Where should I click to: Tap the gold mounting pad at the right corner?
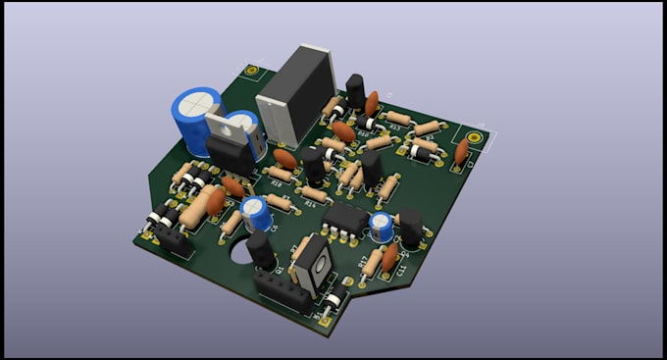tap(475, 137)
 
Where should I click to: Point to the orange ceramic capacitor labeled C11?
tap(390, 258)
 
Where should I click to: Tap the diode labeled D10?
tap(362, 122)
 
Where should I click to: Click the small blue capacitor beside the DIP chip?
tap(381, 228)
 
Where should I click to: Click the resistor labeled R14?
tap(315, 193)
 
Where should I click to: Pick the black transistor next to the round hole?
tap(260, 249)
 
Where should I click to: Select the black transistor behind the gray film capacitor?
tap(354, 87)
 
